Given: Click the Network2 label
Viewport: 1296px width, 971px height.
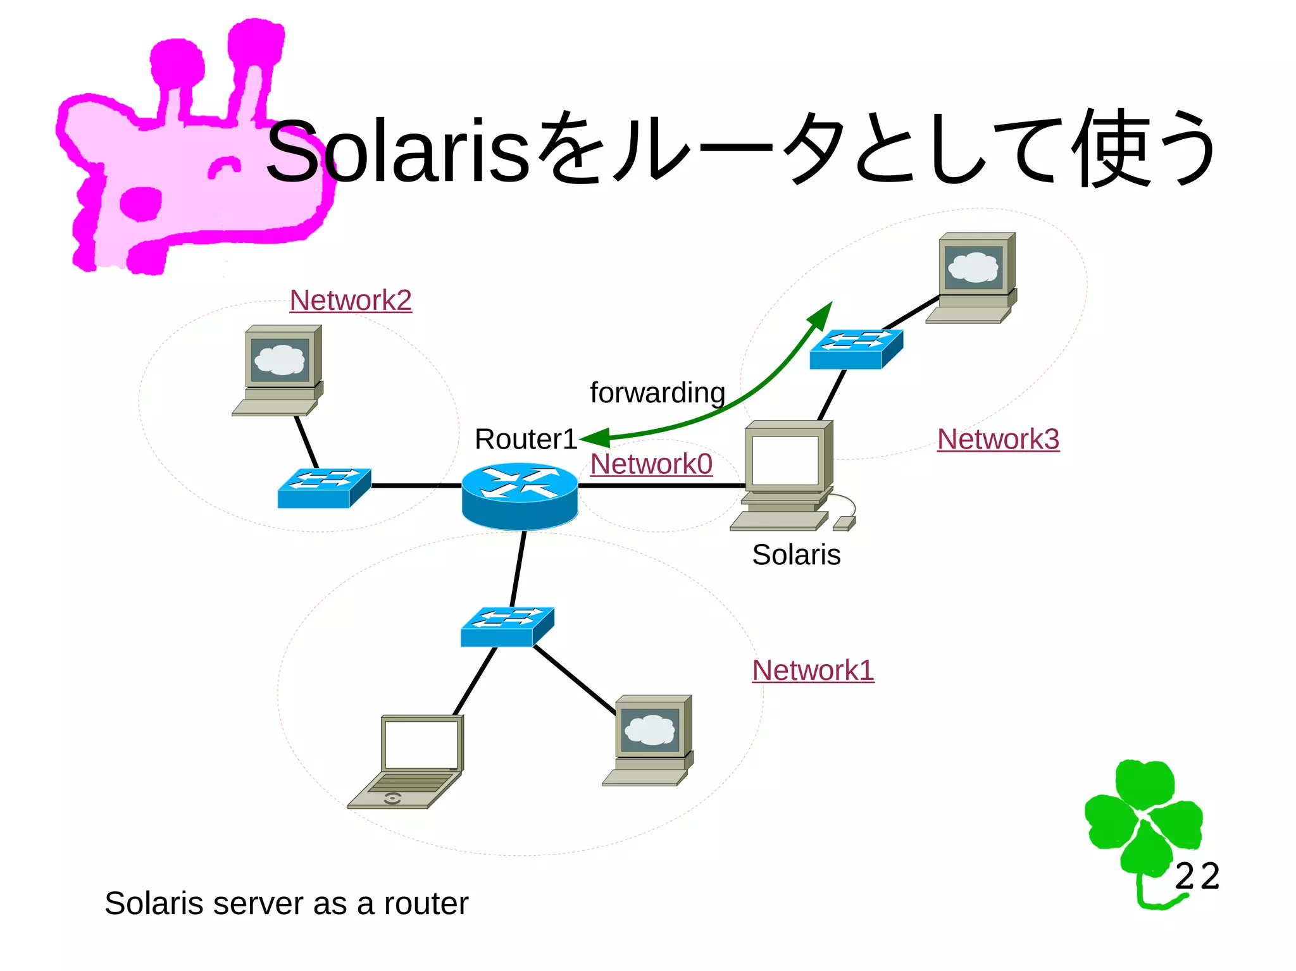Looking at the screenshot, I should [351, 300].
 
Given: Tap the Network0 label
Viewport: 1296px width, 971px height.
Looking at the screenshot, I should [651, 464].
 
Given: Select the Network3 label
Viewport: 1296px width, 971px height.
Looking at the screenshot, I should [998, 439].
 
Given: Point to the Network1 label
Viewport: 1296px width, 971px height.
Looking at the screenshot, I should [813, 671].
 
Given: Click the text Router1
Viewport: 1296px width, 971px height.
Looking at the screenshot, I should [526, 439].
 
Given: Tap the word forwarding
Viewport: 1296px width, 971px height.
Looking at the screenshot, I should [657, 393].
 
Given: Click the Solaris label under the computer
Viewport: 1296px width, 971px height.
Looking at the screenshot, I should [796, 555].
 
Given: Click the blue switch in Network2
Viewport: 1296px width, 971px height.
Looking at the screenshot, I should [324, 488].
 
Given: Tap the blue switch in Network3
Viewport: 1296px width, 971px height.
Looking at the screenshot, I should [856, 349].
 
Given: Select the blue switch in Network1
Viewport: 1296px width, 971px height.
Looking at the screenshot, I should [507, 627].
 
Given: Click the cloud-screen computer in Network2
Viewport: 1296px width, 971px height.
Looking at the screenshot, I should [279, 369].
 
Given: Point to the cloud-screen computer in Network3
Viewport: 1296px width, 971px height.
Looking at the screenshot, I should [973, 277].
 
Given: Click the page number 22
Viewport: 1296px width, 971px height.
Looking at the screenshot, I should [1197, 877].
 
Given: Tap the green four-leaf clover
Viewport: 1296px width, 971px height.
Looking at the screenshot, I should [1142, 822].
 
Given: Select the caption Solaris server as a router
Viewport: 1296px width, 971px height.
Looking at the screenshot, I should [286, 903].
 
